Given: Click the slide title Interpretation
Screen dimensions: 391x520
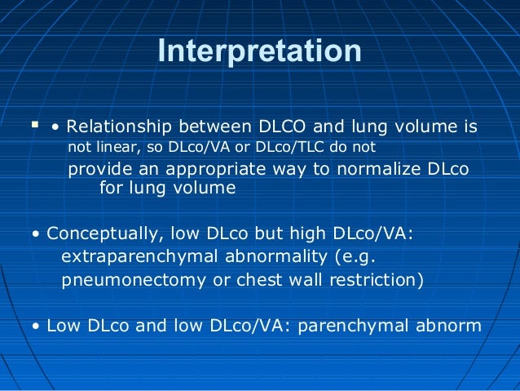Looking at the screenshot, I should tap(259, 51).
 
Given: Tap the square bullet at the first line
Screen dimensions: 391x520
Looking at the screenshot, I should tap(33, 126).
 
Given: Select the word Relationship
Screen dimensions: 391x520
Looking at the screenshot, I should tap(119, 127).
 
